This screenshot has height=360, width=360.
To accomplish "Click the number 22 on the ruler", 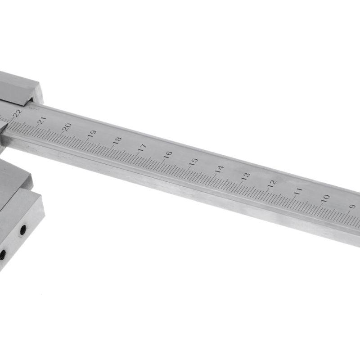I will click(18, 113).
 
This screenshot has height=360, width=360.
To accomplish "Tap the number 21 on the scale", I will click(42, 120).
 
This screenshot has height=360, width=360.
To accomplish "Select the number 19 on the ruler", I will click(92, 134).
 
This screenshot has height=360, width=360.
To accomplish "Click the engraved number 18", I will click(117, 140).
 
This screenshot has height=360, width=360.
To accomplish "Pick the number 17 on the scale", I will click(142, 147).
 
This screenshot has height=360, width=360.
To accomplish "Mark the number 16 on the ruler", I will click(168, 154).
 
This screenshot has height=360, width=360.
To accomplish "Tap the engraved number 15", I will click(193, 162).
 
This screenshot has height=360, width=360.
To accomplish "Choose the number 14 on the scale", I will click(219, 169).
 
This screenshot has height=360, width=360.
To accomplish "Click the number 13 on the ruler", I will click(245, 176).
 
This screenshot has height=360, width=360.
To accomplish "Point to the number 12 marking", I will click(271, 184).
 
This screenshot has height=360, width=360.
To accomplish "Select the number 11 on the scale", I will click(298, 191).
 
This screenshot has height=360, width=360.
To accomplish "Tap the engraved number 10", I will click(325, 198).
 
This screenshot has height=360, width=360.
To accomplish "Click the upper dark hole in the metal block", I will click(22, 230).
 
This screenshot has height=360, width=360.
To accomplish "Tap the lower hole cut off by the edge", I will click(2, 255).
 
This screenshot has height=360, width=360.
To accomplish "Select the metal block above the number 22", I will click(18, 88).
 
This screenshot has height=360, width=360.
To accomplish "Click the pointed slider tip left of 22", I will click(4, 128).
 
